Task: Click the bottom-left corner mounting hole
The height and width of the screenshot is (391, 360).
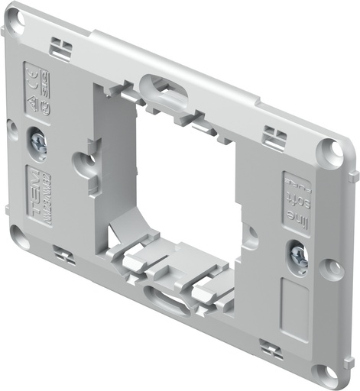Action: pyautogui.click(x=19, y=237)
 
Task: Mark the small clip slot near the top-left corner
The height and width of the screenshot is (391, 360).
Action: pyautogui.click(x=61, y=50)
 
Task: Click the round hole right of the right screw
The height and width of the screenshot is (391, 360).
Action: pyautogui.click(x=330, y=268)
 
